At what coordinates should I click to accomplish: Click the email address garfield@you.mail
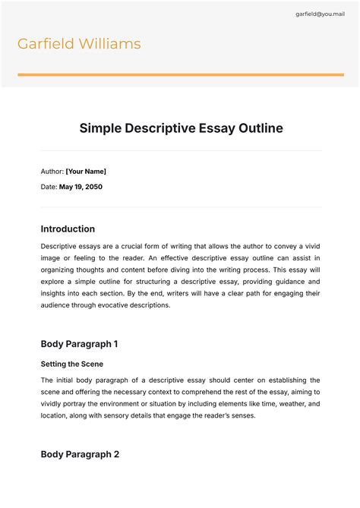(x=319, y=14)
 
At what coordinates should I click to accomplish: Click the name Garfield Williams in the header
(x=79, y=44)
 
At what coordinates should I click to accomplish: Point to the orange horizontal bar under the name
(x=180, y=74)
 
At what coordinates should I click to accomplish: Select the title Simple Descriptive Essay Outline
(x=181, y=128)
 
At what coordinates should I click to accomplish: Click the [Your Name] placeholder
(x=86, y=172)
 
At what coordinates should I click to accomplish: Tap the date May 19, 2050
(x=81, y=187)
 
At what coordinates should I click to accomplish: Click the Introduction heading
(x=68, y=229)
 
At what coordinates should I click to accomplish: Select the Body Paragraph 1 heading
(x=79, y=344)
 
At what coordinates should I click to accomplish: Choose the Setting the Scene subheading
(x=72, y=364)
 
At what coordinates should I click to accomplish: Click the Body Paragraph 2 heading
(x=80, y=455)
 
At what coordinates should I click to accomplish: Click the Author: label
(x=52, y=172)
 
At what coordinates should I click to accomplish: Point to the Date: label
(x=49, y=187)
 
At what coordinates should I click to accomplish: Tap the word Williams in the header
(x=111, y=44)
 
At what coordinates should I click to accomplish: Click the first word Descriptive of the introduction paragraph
(x=59, y=246)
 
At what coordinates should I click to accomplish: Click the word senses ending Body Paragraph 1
(x=235, y=416)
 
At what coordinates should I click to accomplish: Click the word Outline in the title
(x=258, y=128)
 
